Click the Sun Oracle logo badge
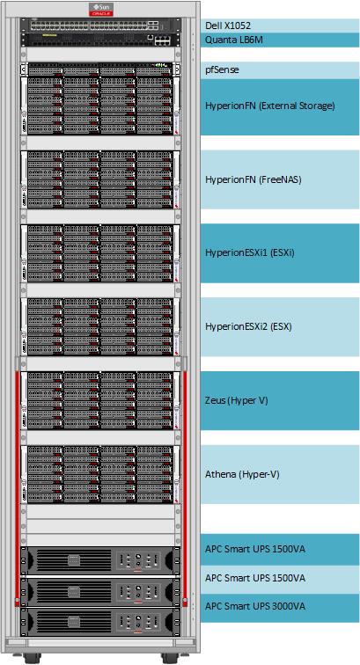[x=101, y=10]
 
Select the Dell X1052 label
[x=228, y=26]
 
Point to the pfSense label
[x=222, y=70]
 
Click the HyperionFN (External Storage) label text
[x=270, y=106]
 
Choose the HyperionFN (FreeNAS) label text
[x=253, y=179]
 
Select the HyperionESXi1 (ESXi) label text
[x=250, y=252]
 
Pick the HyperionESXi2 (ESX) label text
[x=249, y=326]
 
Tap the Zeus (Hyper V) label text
[x=237, y=400]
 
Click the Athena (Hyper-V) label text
[x=242, y=474]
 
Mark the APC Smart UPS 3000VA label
[x=255, y=606]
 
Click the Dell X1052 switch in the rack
[x=101, y=25]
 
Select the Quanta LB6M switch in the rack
[x=101, y=40]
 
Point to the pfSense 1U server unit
[x=101, y=69]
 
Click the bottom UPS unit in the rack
[x=101, y=622]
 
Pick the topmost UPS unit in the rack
[x=101, y=560]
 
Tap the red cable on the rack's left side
[x=18, y=487]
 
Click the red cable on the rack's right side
[x=185, y=487]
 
